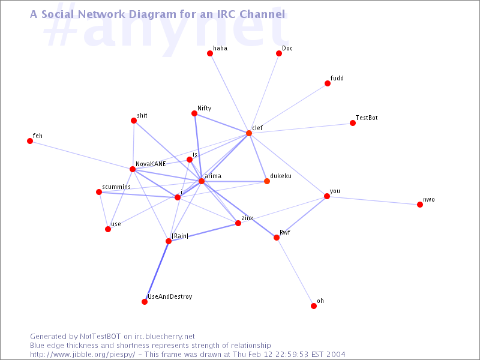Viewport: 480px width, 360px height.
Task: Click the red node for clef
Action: (249, 133)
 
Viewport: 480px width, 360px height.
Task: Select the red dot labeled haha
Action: (210, 53)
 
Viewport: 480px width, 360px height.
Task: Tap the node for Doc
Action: (279, 53)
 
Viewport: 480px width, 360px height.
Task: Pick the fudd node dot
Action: (328, 83)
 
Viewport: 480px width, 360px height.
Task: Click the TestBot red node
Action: (353, 123)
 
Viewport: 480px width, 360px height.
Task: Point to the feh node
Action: (30, 141)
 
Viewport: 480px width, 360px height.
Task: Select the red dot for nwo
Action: (420, 205)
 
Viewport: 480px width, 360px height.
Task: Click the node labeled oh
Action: (314, 306)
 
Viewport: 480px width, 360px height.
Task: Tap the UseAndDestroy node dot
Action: (145, 302)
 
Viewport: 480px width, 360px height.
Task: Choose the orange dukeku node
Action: (267, 181)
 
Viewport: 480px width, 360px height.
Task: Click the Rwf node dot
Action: (277, 238)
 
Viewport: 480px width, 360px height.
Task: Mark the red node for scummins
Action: (99, 192)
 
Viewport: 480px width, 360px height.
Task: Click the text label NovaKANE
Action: (151, 163)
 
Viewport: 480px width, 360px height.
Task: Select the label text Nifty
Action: (205, 108)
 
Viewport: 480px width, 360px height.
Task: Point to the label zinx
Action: (247, 218)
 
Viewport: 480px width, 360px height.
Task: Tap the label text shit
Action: (142, 115)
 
